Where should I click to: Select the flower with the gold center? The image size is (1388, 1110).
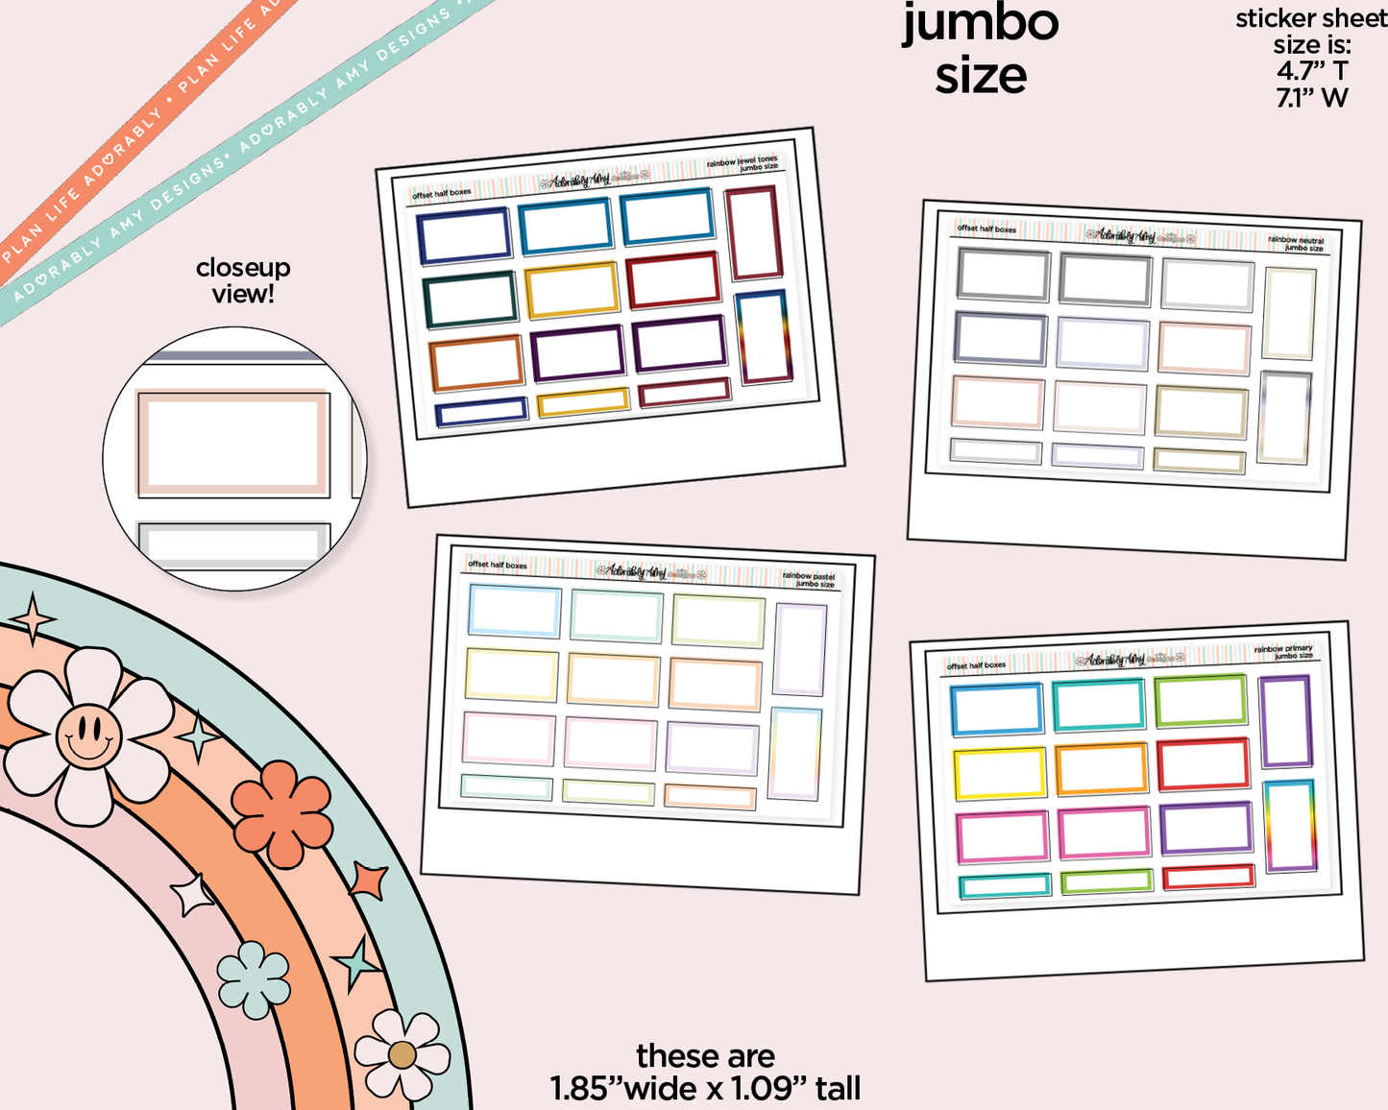point(402,1054)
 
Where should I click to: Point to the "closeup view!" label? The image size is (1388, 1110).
point(243,280)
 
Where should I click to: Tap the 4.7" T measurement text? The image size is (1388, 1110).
point(1312,71)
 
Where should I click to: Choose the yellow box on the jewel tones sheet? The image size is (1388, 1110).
point(572,289)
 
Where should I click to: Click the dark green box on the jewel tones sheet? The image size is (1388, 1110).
point(471,300)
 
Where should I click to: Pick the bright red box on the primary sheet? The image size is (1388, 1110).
point(1203,764)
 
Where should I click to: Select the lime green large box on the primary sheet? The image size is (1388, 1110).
point(1201,701)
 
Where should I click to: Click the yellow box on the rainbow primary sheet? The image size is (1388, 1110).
point(999,774)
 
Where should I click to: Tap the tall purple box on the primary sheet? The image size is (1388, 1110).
point(1285,721)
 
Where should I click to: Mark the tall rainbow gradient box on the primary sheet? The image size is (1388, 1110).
point(1290,826)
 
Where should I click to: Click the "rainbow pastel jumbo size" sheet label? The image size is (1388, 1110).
point(808,580)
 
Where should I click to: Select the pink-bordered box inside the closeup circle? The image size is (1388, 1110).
point(233,444)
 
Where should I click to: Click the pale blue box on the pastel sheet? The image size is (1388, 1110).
point(514,612)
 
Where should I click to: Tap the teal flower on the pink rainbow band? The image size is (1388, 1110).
point(254,979)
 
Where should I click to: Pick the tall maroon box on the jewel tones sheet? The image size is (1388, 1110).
point(754,233)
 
